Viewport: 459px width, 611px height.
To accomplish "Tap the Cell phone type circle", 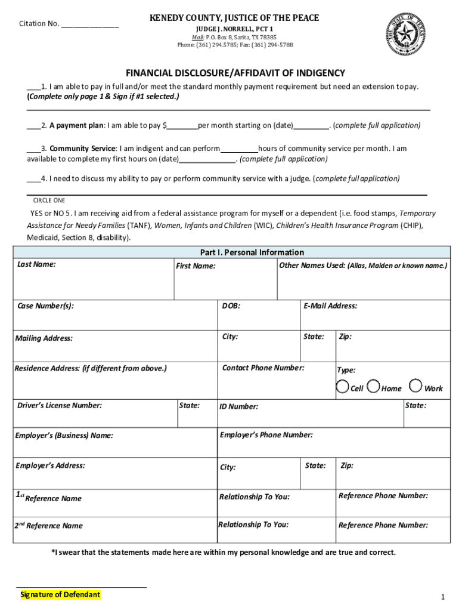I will click(343, 387).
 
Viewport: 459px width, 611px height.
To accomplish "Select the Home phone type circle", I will click(374, 387).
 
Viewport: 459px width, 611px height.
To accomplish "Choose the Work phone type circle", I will click(416, 387).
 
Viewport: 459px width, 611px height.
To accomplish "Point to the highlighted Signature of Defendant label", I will click(60, 595).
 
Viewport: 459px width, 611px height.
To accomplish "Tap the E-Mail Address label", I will click(330, 306).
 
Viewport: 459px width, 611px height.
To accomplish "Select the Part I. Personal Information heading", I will click(244, 252).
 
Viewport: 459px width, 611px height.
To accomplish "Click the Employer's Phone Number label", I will click(266, 435).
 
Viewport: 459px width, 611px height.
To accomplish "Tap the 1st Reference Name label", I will click(49, 498).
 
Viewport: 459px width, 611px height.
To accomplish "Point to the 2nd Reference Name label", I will click(49, 526).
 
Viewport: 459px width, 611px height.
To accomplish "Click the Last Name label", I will click(36, 264).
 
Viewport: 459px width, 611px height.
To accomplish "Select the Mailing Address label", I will click(45, 338).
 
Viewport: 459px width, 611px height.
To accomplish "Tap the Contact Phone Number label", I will click(263, 368).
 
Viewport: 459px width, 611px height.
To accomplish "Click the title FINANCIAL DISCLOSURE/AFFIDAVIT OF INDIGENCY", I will click(235, 73).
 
